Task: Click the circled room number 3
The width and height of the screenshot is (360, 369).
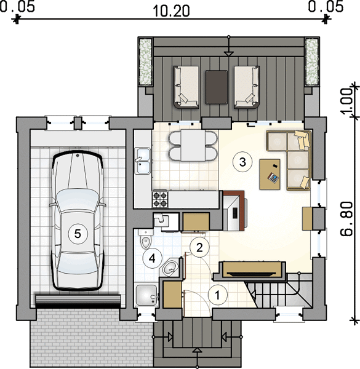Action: [242, 162]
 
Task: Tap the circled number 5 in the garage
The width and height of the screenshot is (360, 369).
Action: [78, 234]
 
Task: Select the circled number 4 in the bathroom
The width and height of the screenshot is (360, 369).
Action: [153, 258]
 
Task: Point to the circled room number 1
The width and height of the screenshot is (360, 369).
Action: [218, 295]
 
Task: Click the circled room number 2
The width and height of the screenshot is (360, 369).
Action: [199, 247]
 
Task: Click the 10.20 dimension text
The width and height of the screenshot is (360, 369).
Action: [171, 11]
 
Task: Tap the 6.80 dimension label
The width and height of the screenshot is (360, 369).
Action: [346, 218]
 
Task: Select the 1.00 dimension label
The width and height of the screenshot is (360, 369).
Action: [346, 101]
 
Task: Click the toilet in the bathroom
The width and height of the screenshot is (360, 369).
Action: [145, 239]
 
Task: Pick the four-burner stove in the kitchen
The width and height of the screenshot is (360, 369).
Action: [160, 199]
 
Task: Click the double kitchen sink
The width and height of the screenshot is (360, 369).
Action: [142, 161]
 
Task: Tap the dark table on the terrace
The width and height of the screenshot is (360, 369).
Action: [217, 87]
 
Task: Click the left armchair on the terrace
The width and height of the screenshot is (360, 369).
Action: [186, 87]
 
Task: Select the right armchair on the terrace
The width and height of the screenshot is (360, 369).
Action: [247, 87]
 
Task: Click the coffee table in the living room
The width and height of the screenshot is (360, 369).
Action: [270, 175]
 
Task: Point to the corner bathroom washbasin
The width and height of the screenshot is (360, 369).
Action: [170, 267]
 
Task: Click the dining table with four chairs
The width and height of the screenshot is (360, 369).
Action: [193, 146]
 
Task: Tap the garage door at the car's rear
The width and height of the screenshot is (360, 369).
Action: [78, 301]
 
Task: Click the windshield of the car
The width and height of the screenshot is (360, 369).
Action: [78, 199]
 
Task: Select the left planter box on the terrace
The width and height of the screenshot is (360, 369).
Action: [145, 61]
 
